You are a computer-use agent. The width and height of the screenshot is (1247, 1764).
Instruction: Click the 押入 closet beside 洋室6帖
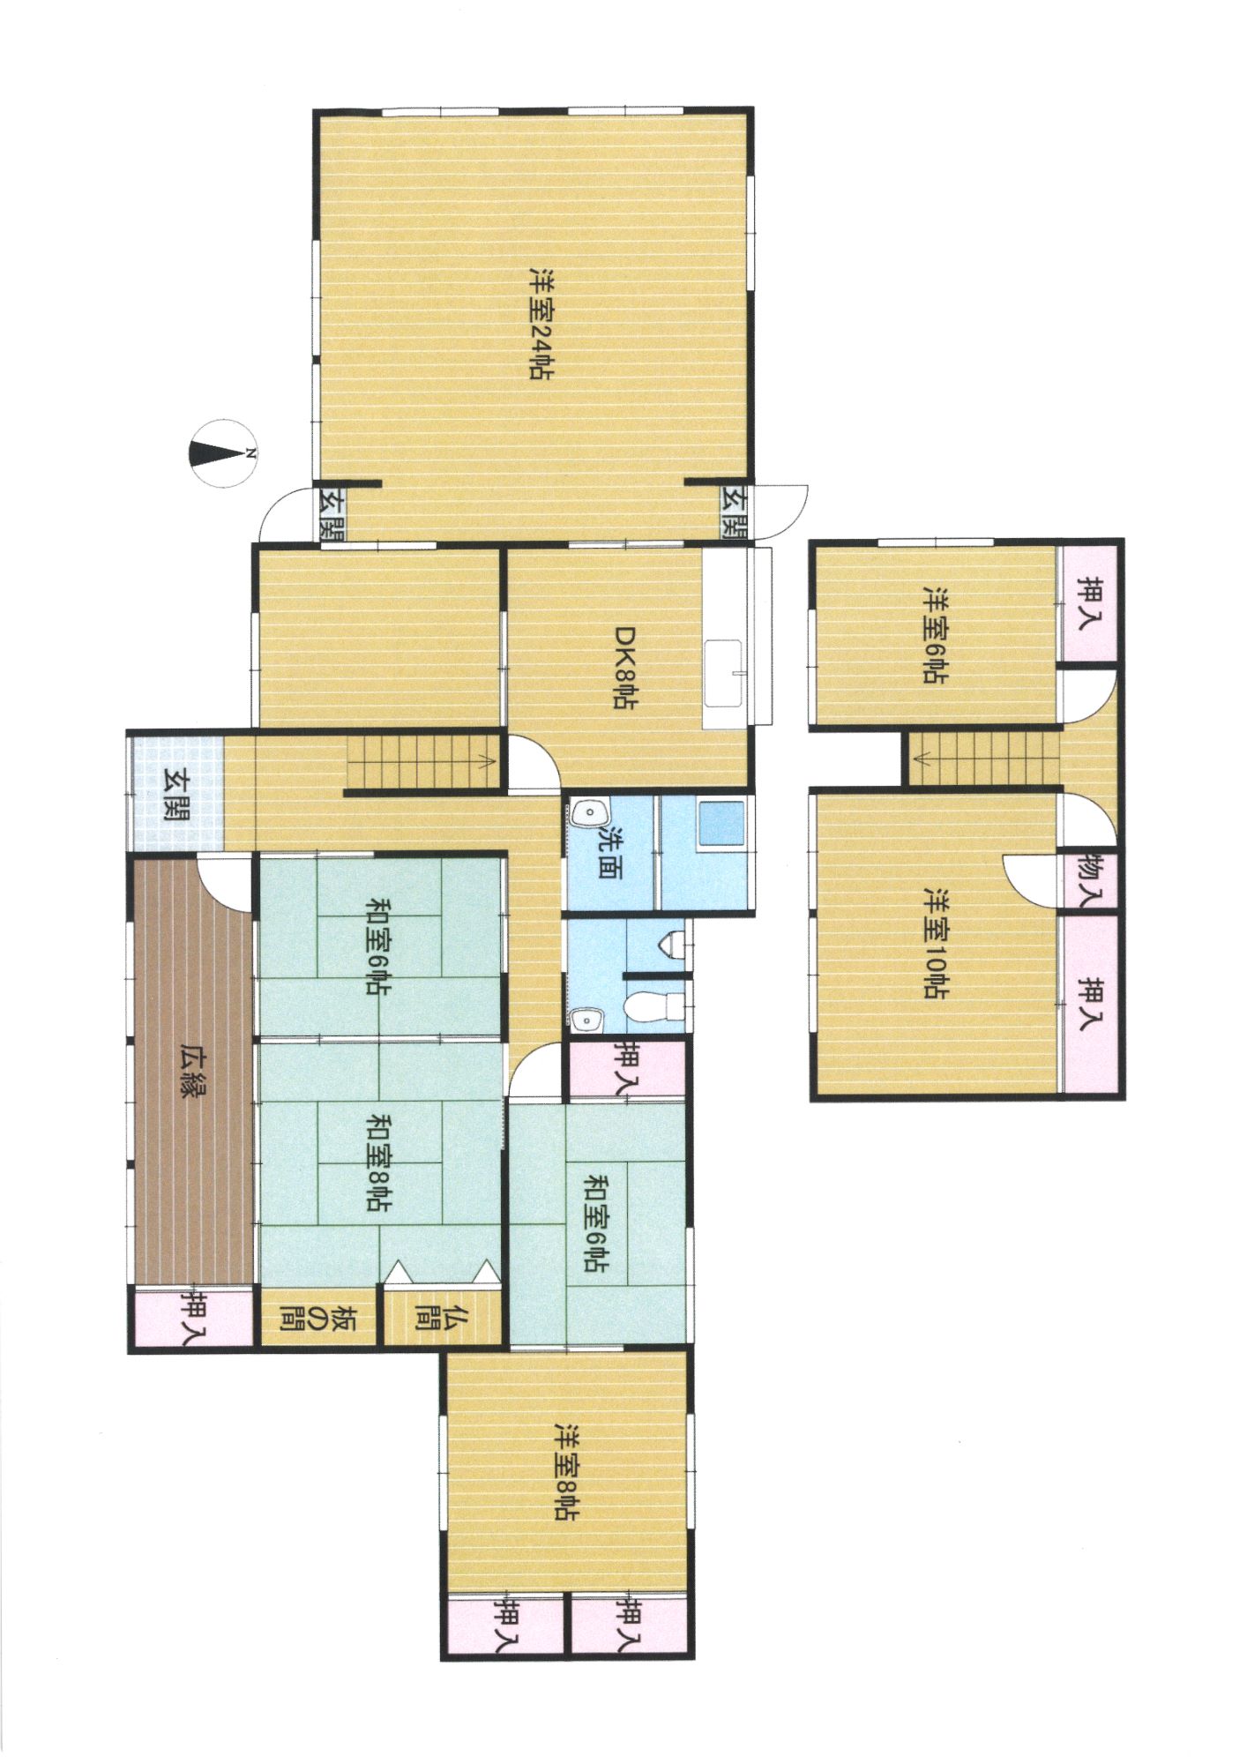(x=1092, y=602)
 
